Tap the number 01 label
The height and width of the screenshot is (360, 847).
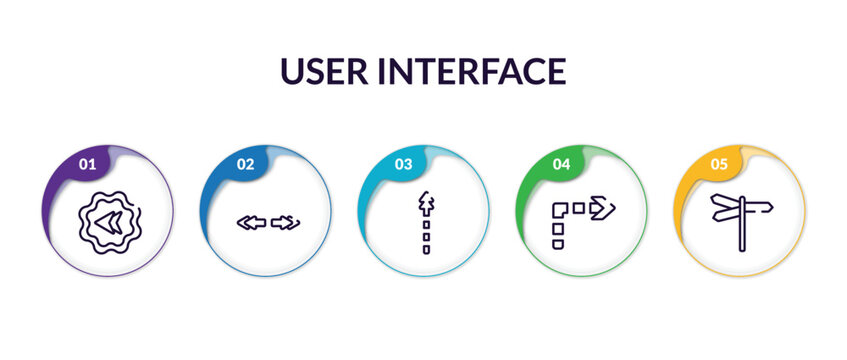click(x=87, y=164)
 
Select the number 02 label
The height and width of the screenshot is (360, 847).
click(x=245, y=164)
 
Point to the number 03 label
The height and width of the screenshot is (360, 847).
click(x=403, y=164)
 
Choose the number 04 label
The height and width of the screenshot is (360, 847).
click(x=561, y=164)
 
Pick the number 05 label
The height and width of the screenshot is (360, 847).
click(x=719, y=164)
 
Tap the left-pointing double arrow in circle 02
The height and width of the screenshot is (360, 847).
click(x=251, y=222)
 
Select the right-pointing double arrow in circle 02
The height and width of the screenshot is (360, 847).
click(x=285, y=222)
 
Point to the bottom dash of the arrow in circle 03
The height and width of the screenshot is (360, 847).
click(x=426, y=249)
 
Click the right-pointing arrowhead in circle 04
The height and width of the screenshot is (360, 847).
click(x=603, y=208)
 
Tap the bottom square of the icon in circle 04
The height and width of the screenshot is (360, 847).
click(x=558, y=243)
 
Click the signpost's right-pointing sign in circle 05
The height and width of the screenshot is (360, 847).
click(x=757, y=207)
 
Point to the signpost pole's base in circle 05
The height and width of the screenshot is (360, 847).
click(x=742, y=248)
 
